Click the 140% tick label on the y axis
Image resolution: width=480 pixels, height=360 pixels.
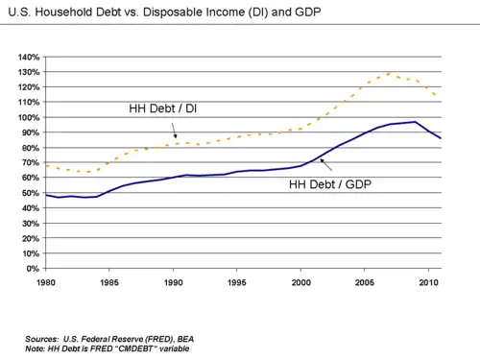[29, 58]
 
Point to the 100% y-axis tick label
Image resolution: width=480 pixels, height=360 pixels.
[29, 117]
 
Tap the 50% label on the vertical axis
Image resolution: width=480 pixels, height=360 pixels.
[31, 193]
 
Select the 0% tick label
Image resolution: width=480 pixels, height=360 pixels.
[33, 269]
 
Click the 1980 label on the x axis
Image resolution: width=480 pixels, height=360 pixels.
[46, 282]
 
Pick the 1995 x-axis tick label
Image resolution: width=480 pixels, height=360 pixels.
[237, 282]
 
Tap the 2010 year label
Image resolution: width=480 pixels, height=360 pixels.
[428, 282]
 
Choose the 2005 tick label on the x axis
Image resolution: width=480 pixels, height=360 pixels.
[365, 282]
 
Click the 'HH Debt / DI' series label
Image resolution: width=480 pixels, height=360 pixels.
[163, 108]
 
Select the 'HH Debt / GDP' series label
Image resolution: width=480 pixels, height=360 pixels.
[330, 184]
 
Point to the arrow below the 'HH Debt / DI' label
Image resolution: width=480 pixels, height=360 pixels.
[174, 131]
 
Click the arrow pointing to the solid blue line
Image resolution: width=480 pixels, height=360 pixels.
[326, 165]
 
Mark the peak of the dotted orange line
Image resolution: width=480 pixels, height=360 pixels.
[390, 73]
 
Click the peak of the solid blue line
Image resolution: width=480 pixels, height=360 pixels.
[415, 122]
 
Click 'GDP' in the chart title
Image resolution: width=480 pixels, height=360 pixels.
[308, 12]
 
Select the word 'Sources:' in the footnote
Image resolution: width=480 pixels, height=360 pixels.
[42, 339]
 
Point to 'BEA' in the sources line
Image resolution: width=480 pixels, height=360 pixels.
[185, 339]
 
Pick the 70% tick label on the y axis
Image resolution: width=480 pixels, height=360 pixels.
[31, 163]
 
